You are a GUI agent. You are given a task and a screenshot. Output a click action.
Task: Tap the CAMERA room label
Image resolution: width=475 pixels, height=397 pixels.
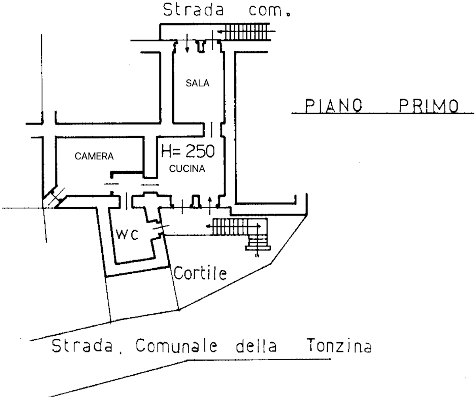tap(94, 157)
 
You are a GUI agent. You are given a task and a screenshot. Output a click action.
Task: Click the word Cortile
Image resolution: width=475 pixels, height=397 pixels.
tap(200, 273)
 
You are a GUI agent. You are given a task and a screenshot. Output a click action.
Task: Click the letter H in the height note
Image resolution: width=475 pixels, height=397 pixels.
tap(167, 151)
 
